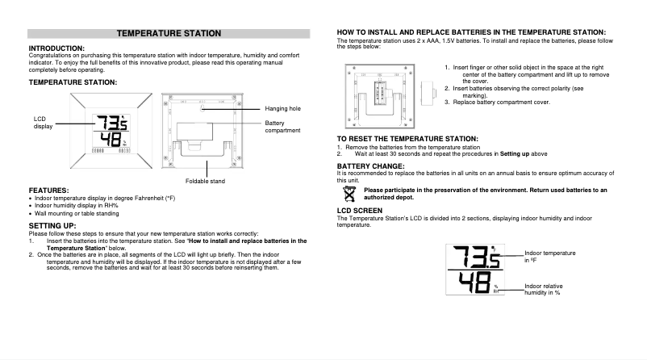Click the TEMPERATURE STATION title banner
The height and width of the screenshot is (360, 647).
pos(169,33)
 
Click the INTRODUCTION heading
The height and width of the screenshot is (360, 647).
pos(56,48)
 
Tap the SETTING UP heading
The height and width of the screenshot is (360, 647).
pos(53,225)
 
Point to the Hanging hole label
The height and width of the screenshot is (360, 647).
pos(282,108)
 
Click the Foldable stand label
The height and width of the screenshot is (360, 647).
pos(205,181)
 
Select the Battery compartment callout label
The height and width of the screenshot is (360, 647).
pos(282,126)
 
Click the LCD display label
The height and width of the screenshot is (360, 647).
pos(42,122)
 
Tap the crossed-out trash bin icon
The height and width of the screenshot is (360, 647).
pos(349,193)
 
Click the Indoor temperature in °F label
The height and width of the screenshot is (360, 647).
pos(549,257)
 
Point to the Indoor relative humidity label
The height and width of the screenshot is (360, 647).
pos(549,290)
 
